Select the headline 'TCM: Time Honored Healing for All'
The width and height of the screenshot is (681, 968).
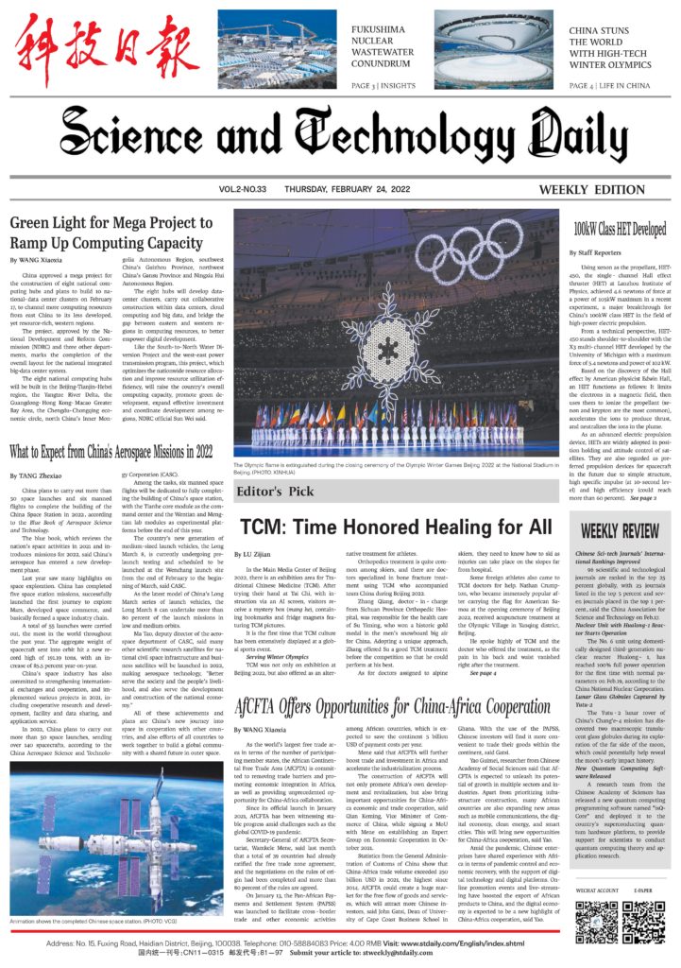click(395, 527)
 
